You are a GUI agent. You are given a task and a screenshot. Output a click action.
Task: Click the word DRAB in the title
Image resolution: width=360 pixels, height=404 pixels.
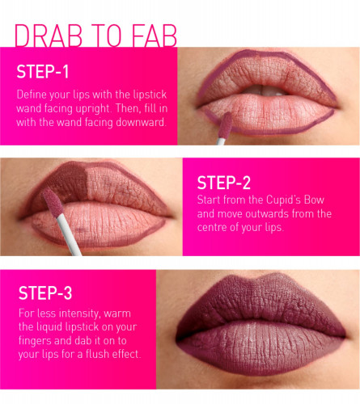click(49, 36)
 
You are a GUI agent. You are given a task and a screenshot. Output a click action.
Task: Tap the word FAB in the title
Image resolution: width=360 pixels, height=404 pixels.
click(155, 36)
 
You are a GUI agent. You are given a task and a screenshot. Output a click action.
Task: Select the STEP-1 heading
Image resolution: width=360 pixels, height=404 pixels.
click(43, 72)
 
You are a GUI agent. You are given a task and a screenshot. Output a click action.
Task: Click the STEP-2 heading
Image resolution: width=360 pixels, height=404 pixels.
click(224, 183)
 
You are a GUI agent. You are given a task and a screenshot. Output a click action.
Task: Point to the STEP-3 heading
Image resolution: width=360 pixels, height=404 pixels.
click(45, 293)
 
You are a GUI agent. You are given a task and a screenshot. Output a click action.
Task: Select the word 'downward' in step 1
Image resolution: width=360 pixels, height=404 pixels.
click(140, 122)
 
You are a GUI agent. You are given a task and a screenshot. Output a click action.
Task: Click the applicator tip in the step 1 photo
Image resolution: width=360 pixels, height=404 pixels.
click(225, 125)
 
